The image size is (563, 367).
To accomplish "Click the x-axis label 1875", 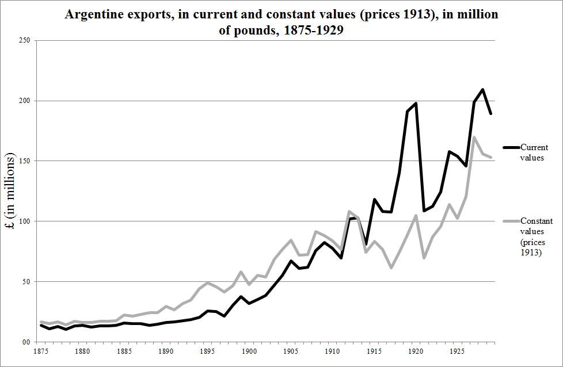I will tap(40, 350).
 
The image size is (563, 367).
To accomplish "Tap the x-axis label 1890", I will tap(166, 350).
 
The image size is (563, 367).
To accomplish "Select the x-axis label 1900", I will tap(249, 350).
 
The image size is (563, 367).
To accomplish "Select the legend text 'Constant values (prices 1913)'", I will tap(536, 236).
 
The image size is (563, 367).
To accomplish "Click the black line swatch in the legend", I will tap(510, 148).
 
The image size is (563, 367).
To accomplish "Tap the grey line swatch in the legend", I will tap(510, 221).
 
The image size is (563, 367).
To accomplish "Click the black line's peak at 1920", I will tap(416, 104).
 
